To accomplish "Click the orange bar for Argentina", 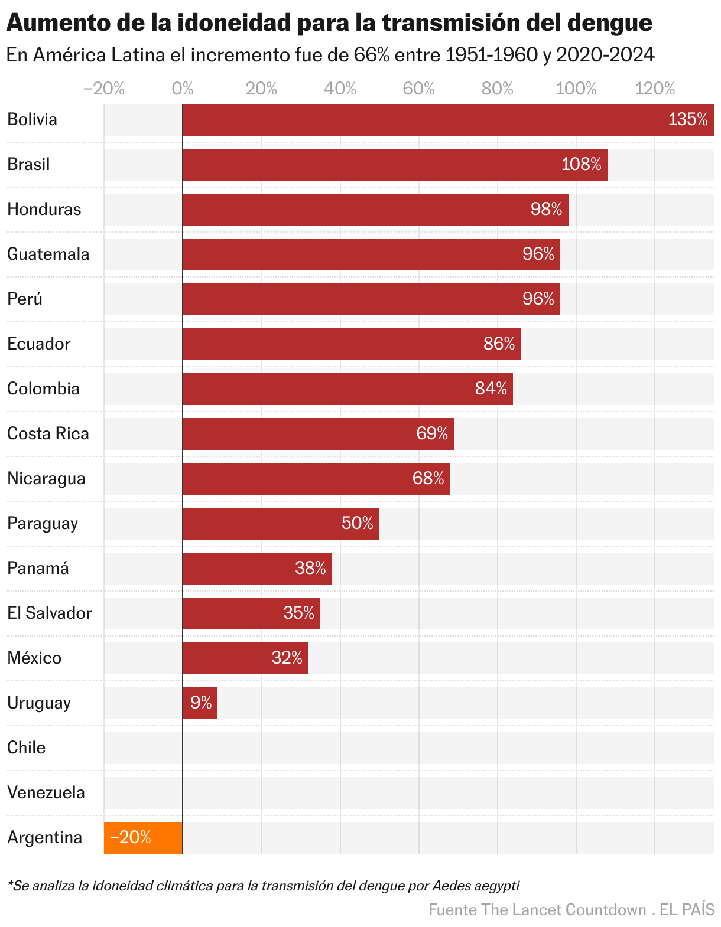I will (x=143, y=837).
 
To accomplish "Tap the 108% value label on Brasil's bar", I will (x=581, y=164).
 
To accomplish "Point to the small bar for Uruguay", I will (x=200, y=703).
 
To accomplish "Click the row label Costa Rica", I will (x=48, y=433).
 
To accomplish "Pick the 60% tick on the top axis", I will (x=418, y=89).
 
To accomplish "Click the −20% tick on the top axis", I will (x=104, y=89).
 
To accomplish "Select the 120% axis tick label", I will (x=654, y=89).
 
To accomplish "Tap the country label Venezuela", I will (x=46, y=792).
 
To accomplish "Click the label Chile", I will (x=27, y=748).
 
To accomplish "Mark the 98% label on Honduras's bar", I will (x=546, y=209).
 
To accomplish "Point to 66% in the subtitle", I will (x=371, y=55).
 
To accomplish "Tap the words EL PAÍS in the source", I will (x=687, y=909).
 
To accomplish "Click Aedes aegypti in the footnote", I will (x=475, y=886).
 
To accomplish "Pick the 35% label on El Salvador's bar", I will (x=298, y=613).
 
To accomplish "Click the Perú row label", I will (x=25, y=299).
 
